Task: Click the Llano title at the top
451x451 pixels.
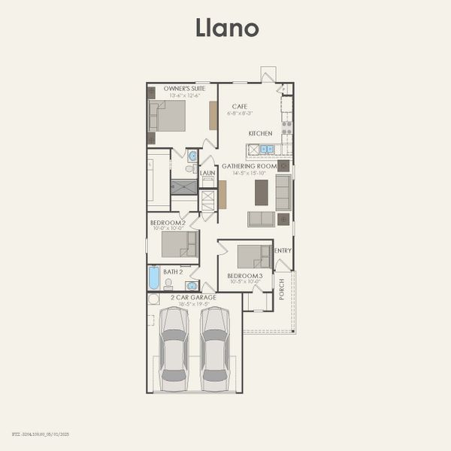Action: pos(227,28)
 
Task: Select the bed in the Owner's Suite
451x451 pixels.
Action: pos(169,116)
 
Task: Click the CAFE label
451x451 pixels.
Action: pos(240,107)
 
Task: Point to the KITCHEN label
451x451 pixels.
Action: pos(260,134)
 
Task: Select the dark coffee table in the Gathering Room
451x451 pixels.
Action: pos(261,192)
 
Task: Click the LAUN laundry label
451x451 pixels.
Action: pos(207,173)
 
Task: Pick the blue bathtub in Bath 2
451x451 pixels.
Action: pos(154,278)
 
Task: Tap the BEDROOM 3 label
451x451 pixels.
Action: pos(244,276)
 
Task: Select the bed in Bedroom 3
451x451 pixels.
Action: pos(253,257)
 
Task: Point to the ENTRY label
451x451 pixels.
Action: pos(283,250)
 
